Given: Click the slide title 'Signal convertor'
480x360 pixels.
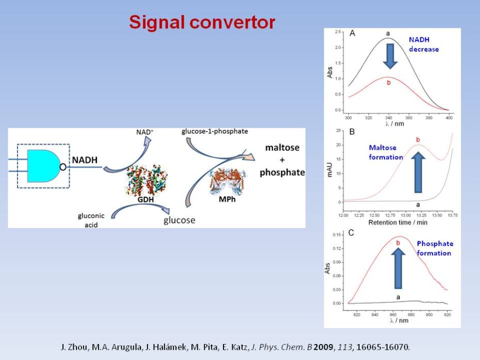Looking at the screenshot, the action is pyautogui.click(x=202, y=22).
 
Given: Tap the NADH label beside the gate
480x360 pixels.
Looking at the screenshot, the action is pyautogui.click(x=85, y=160).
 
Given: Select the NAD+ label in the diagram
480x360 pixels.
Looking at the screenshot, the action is pyautogui.click(x=145, y=132).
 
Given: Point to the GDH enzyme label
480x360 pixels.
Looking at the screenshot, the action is pyautogui.click(x=146, y=200).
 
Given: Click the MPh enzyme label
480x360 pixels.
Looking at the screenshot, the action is pyautogui.click(x=227, y=200).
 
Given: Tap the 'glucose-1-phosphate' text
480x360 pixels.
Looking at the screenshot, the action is pyautogui.click(x=215, y=131).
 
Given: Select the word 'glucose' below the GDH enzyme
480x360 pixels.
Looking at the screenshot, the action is pyautogui.click(x=180, y=220).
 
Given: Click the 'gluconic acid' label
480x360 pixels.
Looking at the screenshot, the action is pyautogui.click(x=91, y=220).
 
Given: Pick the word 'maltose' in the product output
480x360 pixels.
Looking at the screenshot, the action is pyautogui.click(x=282, y=148).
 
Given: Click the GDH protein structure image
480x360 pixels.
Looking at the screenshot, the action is pyautogui.click(x=146, y=180).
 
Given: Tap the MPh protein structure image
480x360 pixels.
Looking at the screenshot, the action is pyautogui.click(x=227, y=182).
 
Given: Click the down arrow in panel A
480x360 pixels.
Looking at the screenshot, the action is pyautogui.click(x=390, y=56).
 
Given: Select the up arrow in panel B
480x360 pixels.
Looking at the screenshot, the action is pyautogui.click(x=418, y=172).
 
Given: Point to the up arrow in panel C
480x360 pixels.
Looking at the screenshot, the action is pyautogui.click(x=398, y=268).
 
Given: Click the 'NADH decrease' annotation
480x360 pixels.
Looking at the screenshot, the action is pyautogui.click(x=424, y=44).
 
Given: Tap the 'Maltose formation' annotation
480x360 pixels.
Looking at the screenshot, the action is pyautogui.click(x=386, y=152).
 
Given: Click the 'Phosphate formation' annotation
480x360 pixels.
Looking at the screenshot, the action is pyautogui.click(x=435, y=249).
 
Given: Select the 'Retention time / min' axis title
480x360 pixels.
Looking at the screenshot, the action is pyautogui.click(x=397, y=222).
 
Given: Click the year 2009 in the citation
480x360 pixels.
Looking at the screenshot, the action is pyautogui.click(x=323, y=347).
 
